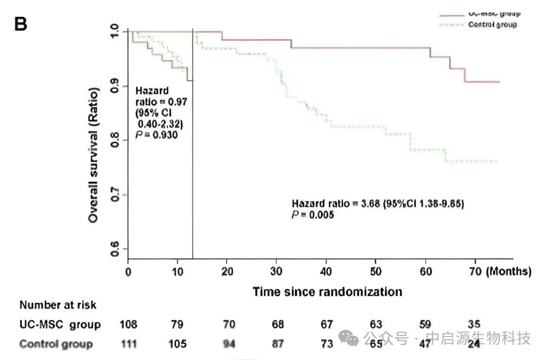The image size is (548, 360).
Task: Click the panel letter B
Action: tap(21, 23)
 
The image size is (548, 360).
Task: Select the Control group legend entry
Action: tap(492, 24)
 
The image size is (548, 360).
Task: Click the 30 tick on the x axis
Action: tap(277, 272)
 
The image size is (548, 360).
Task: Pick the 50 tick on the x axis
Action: tap(376, 272)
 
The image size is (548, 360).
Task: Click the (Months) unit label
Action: tap(509, 272)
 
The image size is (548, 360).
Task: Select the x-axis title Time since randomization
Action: tap(327, 292)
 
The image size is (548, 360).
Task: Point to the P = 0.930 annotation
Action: tap(156, 136)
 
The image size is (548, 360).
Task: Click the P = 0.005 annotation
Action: tap(313, 215)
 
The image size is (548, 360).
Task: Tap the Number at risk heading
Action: tap(58, 305)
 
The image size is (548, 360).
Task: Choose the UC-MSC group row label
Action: tap(60, 324)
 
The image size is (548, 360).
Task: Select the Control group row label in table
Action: tap(56, 344)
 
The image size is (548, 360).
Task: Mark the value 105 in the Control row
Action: tap(177, 344)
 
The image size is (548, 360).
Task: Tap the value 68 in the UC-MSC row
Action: tap(277, 324)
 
